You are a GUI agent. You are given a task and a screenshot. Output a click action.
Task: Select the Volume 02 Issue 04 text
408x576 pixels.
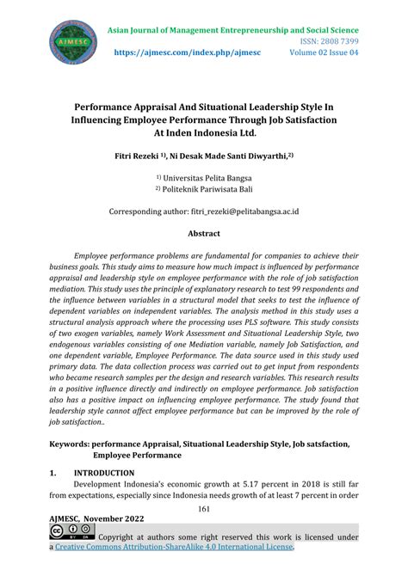324,53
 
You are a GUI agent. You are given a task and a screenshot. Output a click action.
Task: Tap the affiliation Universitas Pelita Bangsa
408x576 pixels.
207,180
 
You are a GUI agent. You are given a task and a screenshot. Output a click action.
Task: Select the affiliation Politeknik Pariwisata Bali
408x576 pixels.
207,192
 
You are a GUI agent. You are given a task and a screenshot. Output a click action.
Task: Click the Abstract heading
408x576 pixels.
203,233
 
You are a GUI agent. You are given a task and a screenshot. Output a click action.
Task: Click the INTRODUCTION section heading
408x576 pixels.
104,473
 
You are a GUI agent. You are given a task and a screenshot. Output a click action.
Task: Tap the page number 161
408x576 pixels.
204,510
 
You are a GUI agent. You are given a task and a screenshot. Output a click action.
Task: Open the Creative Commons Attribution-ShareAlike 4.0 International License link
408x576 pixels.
176,548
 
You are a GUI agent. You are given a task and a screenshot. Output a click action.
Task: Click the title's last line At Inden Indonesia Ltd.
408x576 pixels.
204,133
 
